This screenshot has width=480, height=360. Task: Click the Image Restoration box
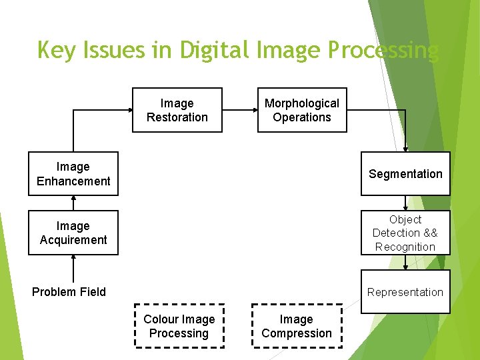click(177, 110)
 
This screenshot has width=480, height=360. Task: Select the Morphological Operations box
click(302, 110)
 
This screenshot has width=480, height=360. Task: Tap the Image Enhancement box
click(73, 174)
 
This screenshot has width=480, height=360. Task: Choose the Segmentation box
click(405, 174)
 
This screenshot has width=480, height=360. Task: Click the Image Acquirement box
click(73, 233)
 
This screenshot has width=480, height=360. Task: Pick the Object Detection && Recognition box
click(405, 233)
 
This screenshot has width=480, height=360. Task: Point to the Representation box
click(405, 292)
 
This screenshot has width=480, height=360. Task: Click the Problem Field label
click(69, 292)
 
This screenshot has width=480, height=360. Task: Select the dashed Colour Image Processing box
click(179, 326)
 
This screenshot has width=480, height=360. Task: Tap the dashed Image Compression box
click(297, 326)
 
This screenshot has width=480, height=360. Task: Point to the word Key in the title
click(56, 51)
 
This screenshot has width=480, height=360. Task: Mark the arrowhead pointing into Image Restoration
click(128, 110)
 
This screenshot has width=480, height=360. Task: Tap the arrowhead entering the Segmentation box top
click(405, 149)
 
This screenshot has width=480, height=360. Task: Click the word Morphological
click(302, 103)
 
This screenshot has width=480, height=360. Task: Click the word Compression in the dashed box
click(297, 333)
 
